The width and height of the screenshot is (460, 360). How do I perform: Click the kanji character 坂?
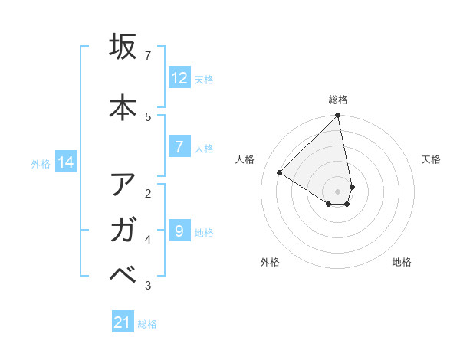coord(123,47)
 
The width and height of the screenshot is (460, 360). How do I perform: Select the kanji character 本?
coord(123,106)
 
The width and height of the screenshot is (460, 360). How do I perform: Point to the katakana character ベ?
coord(123,277)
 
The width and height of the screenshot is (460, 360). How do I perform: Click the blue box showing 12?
coord(179,77)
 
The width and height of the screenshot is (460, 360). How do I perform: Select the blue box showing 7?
coord(179,147)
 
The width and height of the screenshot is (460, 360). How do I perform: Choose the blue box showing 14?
coord(66,162)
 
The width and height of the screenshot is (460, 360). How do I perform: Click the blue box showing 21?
coord(123,322)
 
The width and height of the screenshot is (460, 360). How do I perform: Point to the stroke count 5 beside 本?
coord(148,116)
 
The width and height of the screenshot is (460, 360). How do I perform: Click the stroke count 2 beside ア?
coord(148,192)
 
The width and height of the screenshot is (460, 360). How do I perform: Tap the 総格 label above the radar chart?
coord(338,100)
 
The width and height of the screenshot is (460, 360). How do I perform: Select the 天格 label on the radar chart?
coord(431,159)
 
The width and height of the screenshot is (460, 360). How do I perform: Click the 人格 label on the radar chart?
coord(245,159)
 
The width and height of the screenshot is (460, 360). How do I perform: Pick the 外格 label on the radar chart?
coord(269,262)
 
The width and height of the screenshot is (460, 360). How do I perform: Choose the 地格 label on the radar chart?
coord(402,262)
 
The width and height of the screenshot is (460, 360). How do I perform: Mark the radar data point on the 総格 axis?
coord(338,116)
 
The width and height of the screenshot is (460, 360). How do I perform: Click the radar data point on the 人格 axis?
coord(280,173)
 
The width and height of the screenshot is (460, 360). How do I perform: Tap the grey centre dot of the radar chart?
coord(338,191)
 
